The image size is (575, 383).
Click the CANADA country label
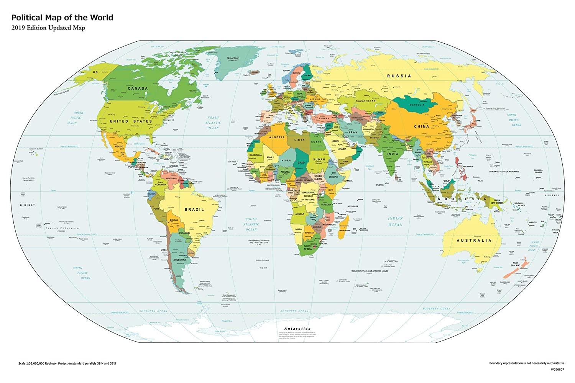[138, 88]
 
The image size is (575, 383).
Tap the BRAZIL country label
[192, 210]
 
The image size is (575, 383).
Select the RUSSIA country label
[399, 76]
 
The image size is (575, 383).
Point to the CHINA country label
[421, 126]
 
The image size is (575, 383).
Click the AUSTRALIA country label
[473, 241]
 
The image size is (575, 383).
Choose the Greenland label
[232, 59]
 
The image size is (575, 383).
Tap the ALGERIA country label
[277, 137]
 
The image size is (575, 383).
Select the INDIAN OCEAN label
[395, 221]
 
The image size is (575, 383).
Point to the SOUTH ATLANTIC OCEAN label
[251, 224]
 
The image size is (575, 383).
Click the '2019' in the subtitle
[18, 28]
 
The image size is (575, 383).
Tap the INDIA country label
[392, 154]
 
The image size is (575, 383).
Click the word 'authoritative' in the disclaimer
[553, 362]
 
